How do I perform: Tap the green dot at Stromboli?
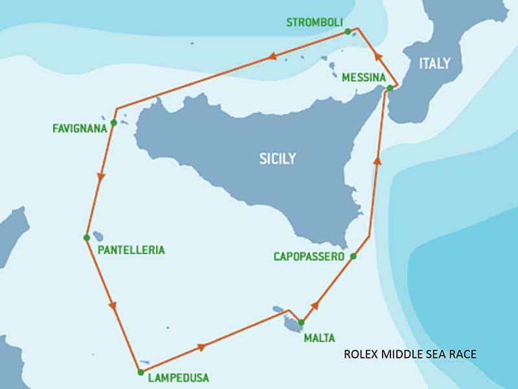[348, 31]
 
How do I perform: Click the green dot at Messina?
[390, 88]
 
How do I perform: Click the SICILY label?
[277, 158]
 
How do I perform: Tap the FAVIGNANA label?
[80, 128]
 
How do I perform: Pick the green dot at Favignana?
[114, 123]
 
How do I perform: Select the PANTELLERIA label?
[131, 250]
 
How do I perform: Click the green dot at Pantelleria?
[87, 238]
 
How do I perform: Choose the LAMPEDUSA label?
[178, 377]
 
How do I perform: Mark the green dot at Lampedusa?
[141, 372]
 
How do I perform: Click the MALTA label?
[319, 338]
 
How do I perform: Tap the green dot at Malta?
[301, 322]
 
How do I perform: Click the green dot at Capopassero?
[353, 257]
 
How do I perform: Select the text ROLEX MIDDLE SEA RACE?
[410, 354]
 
